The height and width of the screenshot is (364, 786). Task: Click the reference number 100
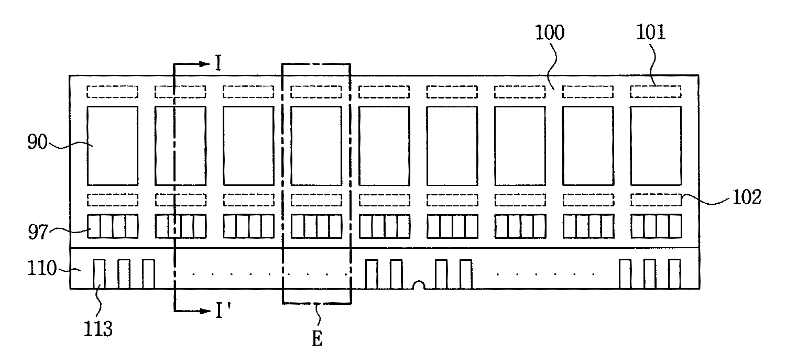[549, 33]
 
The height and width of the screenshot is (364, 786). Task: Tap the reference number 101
[650, 33]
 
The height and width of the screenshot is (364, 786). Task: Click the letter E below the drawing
[318, 339]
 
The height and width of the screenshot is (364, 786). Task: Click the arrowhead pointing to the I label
[204, 64]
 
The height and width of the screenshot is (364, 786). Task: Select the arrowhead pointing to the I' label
[204, 311]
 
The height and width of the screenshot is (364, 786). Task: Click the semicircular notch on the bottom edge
[419, 285]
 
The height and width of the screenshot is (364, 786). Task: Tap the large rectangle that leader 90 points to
[112, 146]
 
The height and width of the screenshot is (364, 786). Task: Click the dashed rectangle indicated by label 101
[655, 92]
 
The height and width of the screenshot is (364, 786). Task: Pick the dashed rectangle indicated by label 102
[655, 200]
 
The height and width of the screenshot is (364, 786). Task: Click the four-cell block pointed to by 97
[112, 226]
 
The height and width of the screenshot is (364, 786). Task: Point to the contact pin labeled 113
[99, 273]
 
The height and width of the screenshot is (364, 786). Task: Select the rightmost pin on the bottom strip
[674, 273]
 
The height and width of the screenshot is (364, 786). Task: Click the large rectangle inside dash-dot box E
[316, 146]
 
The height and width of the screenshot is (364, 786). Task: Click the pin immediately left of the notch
[396, 273]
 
